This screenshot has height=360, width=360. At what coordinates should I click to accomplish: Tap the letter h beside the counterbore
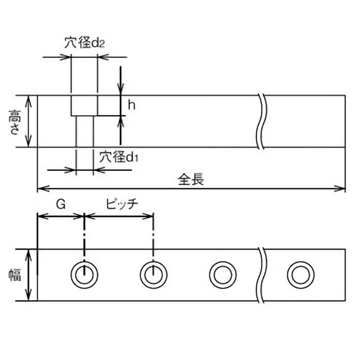[x=131, y=105]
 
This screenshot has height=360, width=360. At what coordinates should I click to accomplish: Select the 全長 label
[x=191, y=180]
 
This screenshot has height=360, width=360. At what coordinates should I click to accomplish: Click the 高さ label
[x=14, y=121]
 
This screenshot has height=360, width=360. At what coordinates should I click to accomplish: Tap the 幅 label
[x=15, y=274]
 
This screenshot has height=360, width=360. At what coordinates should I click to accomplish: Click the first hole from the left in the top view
[x=84, y=274]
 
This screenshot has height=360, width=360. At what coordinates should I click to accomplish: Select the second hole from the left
[x=153, y=274]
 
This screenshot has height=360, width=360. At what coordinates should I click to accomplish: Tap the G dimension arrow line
[x=61, y=216]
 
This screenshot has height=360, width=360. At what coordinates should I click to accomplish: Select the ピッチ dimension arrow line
[x=119, y=216]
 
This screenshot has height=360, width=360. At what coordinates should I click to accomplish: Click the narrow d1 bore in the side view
[x=84, y=131]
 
